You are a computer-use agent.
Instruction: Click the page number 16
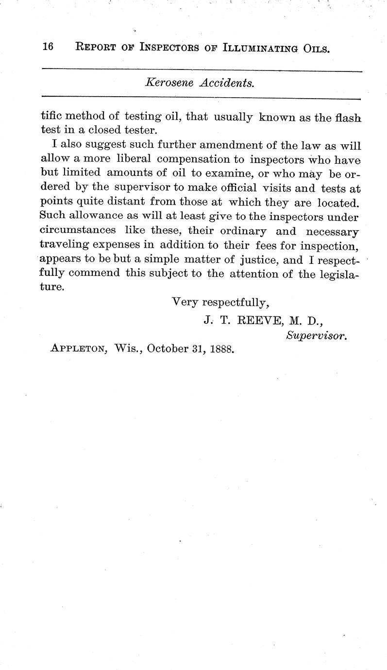pyautogui.click(x=48, y=47)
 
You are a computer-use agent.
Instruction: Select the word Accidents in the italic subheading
pyautogui.click(x=228, y=84)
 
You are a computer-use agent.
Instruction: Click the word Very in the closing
pyautogui.click(x=185, y=302)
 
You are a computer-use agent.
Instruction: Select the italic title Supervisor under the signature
pyautogui.click(x=316, y=335)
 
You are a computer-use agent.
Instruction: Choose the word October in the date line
pyautogui.click(x=169, y=348)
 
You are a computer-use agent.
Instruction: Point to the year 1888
pyautogui.click(x=220, y=348)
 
